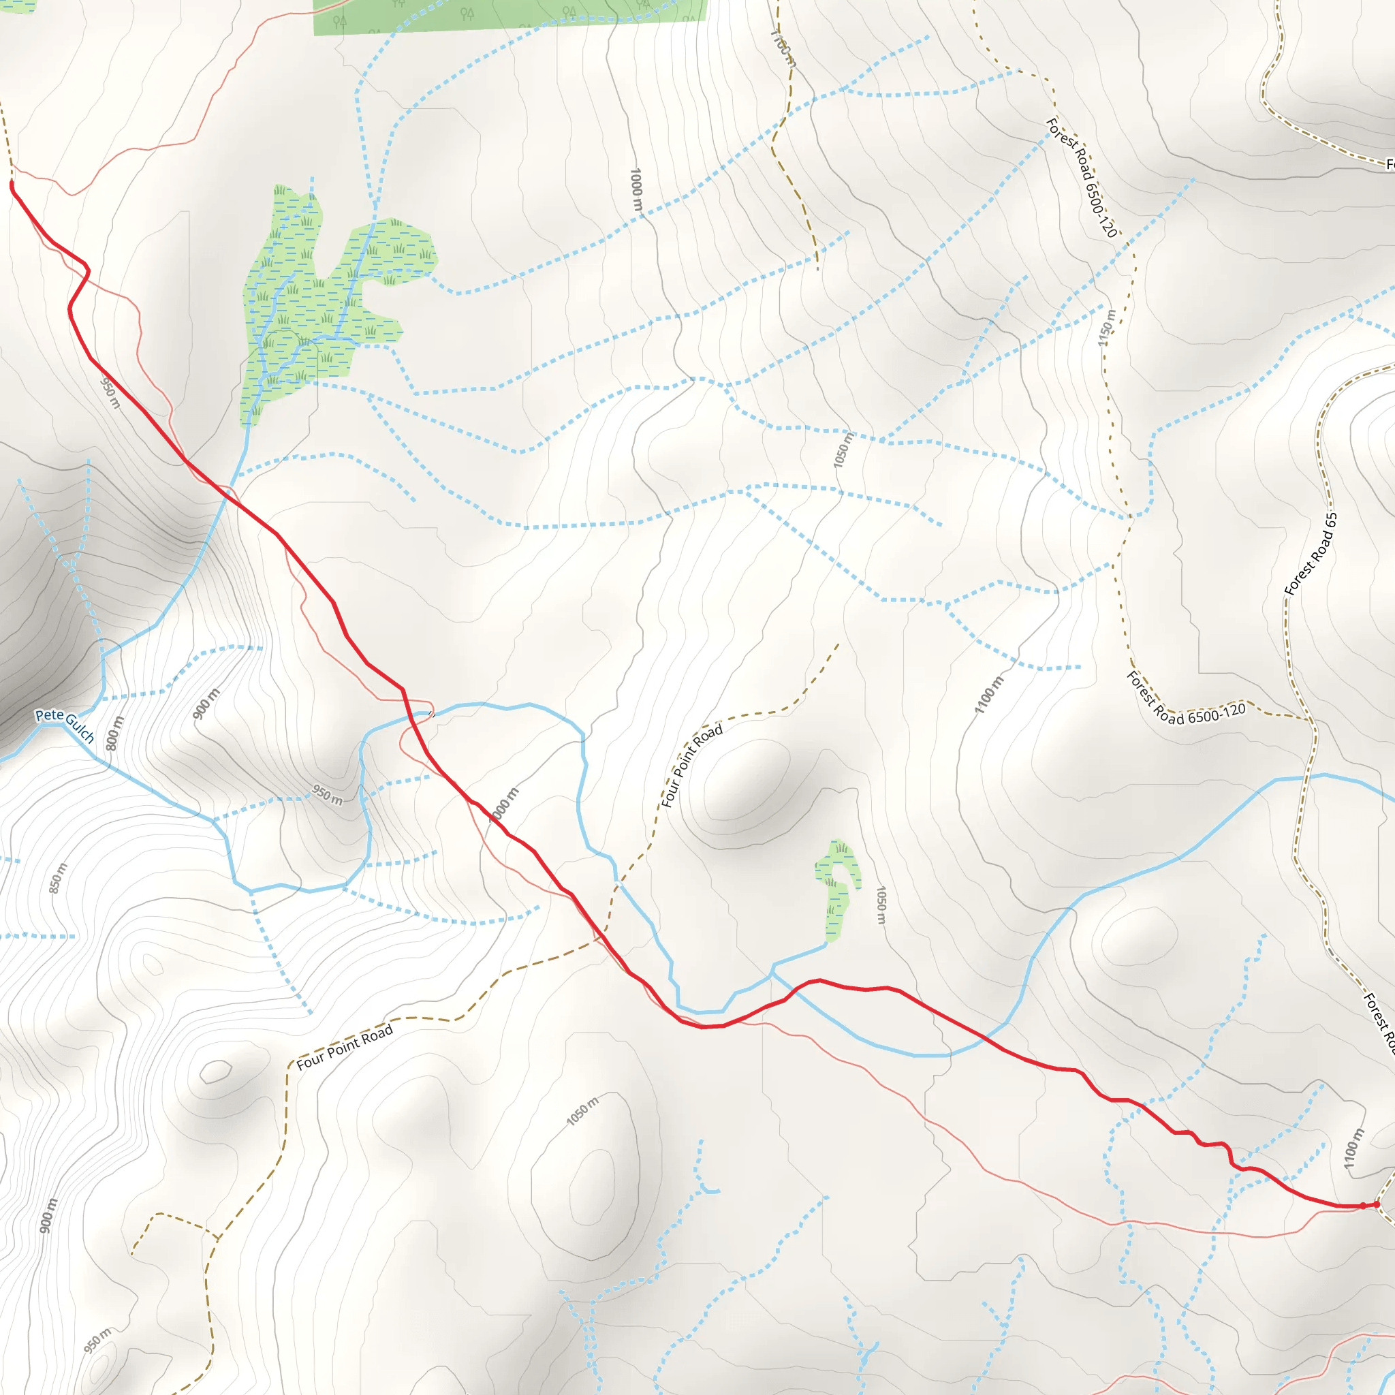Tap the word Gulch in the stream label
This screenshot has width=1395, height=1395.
tap(80, 727)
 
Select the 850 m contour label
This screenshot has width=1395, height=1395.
tap(58, 878)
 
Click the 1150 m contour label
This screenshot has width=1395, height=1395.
tap(1106, 328)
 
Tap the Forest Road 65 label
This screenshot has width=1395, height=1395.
tap(1311, 554)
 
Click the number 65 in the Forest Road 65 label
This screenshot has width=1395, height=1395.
tap(1330, 520)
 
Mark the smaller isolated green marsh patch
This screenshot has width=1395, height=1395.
tap(838, 890)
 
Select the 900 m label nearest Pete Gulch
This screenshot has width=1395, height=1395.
tap(206, 704)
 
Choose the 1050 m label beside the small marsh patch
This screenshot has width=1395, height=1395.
tap(881, 905)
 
